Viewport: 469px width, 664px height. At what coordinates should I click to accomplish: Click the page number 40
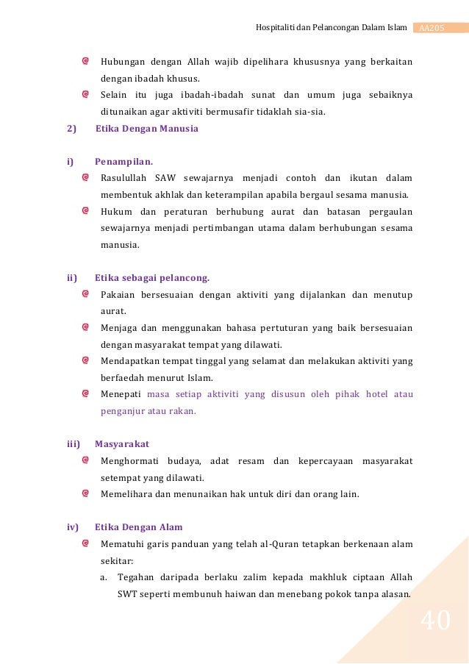436,622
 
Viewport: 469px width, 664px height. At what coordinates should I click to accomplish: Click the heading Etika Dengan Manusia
147,129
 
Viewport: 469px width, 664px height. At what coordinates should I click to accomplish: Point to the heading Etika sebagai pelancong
152,278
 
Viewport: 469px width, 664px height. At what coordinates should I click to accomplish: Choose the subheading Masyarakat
122,444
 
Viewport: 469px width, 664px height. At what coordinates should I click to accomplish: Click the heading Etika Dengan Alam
139,527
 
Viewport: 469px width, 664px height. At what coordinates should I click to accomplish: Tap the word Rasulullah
123,178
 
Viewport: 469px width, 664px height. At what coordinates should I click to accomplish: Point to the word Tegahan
136,577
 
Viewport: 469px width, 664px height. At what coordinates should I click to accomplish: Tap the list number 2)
71,129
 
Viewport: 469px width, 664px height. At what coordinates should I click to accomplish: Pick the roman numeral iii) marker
74,444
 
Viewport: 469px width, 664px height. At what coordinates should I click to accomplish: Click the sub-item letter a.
104,577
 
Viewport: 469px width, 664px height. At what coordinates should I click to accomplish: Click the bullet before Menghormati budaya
86,460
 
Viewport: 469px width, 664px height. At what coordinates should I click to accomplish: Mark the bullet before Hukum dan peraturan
86,211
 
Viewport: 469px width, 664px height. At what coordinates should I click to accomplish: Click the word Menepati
121,394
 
